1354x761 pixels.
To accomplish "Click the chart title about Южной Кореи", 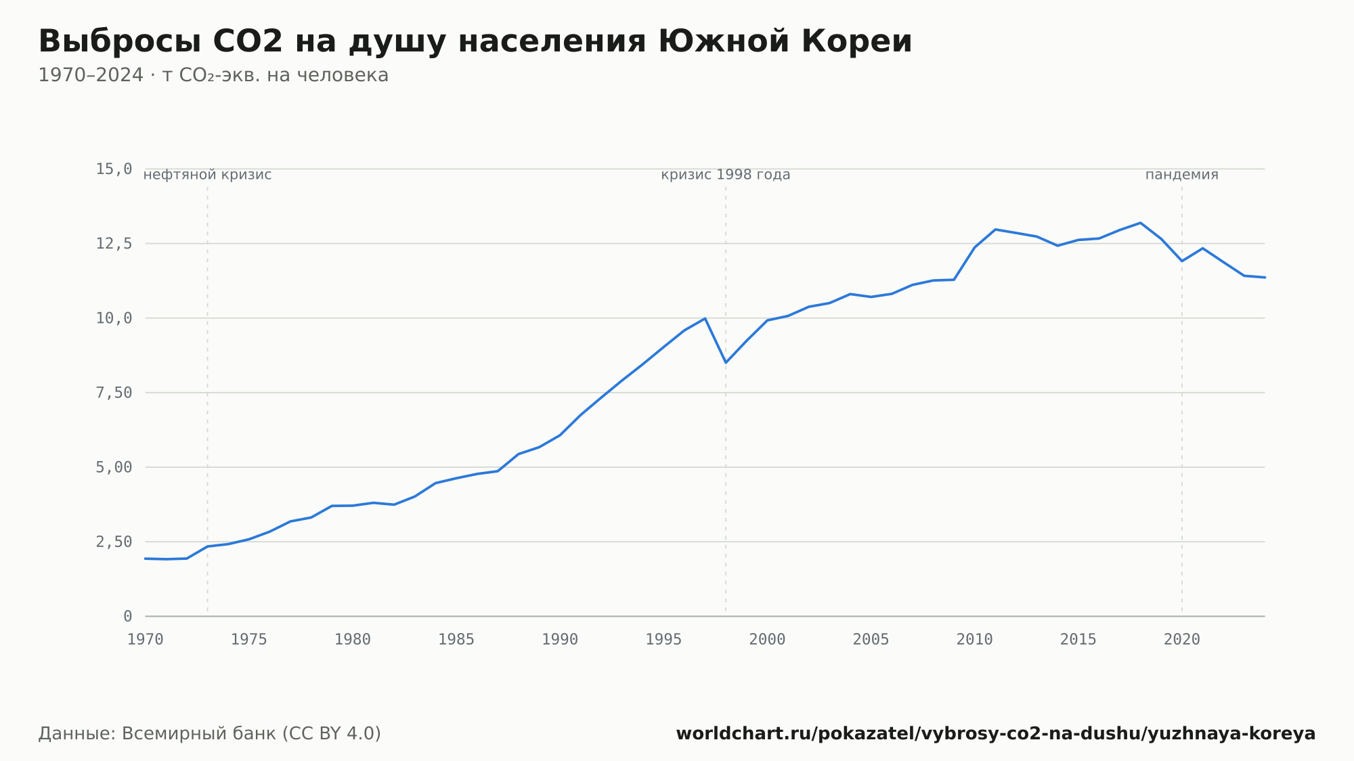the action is (475, 42).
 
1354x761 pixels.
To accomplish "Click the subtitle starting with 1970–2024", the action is (213, 75).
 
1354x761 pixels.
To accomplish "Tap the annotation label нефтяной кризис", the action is (207, 175).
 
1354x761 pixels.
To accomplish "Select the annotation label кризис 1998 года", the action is (726, 175).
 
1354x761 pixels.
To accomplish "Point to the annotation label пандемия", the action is (1182, 175).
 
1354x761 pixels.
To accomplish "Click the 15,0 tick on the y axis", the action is (114, 169).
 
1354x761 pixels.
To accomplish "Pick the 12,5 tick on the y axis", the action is (114, 244).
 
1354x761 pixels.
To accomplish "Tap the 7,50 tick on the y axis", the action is (114, 393).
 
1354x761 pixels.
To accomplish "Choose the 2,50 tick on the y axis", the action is (114, 542).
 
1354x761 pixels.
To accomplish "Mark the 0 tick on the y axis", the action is (128, 616).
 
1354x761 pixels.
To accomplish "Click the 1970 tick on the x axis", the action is (146, 640).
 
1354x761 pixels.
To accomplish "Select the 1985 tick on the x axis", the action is (456, 640).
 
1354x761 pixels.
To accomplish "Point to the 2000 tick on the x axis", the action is (767, 640).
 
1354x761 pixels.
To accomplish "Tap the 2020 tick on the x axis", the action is (1182, 640).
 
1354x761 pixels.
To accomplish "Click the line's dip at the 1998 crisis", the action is (726, 362).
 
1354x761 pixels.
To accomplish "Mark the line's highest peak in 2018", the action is (1141, 223).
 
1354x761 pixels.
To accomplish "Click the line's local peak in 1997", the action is (705, 318).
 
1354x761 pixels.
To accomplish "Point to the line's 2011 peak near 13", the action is (995, 230).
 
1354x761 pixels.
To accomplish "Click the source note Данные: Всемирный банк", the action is (210, 734).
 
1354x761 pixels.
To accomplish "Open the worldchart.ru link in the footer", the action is (996, 734).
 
